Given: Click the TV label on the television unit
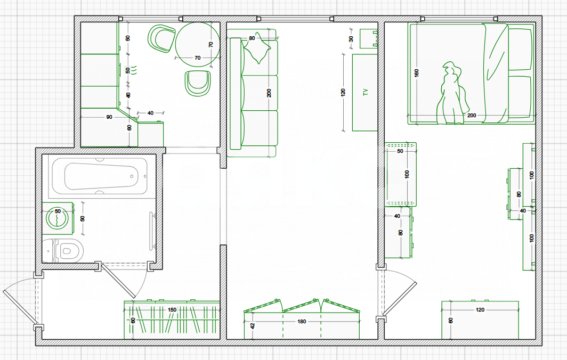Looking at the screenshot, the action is pyautogui.click(x=366, y=92).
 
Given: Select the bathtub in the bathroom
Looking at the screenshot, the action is pyautogui.click(x=100, y=176).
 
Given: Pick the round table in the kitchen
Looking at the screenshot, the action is pyautogui.click(x=197, y=44).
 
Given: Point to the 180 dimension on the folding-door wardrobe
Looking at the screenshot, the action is pyautogui.click(x=302, y=321).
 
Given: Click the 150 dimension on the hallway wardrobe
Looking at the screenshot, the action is pyautogui.click(x=172, y=310).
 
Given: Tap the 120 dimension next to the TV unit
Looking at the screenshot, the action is pyautogui.click(x=343, y=92).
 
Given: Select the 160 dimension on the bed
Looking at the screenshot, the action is pyautogui.click(x=416, y=73).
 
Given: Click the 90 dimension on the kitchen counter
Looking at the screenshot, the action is pyautogui.click(x=109, y=117).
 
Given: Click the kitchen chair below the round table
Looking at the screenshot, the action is pyautogui.click(x=198, y=83).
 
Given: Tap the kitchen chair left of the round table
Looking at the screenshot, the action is pyautogui.click(x=161, y=38).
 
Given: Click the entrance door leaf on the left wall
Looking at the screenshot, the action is pyautogui.click(x=20, y=307).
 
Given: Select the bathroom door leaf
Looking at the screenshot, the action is pyautogui.click(x=118, y=281).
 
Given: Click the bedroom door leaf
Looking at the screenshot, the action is pyautogui.click(x=400, y=299).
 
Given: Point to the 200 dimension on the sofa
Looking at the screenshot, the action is pyautogui.click(x=269, y=93).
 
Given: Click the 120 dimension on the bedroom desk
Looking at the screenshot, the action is pyautogui.click(x=480, y=310).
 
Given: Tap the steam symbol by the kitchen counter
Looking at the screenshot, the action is pyautogui.click(x=134, y=70).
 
